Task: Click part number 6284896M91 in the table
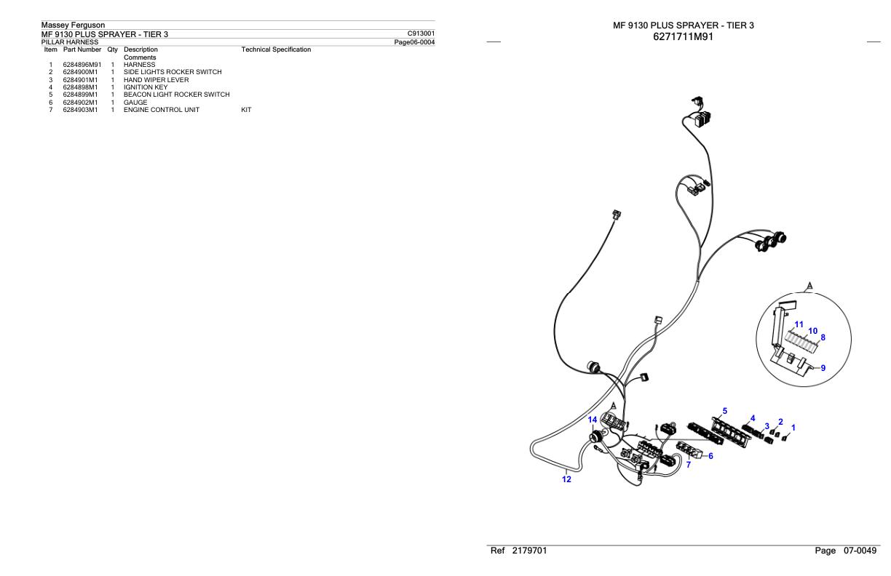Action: [x=82, y=65]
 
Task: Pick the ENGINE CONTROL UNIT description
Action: [x=162, y=110]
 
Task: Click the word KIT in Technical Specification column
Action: [x=246, y=110]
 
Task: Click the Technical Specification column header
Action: [x=276, y=49]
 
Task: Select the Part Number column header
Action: [x=82, y=49]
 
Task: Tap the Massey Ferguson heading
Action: [x=73, y=26]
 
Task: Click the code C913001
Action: [x=421, y=33]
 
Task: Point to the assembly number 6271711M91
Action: [x=684, y=36]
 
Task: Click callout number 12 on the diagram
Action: [x=567, y=479]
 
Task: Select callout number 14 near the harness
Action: [x=593, y=420]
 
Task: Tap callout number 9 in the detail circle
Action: [x=823, y=368]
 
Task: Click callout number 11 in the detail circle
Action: [x=799, y=324]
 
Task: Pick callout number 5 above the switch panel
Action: [x=724, y=411]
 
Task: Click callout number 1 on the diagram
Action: [x=793, y=428]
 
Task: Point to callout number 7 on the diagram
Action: [x=688, y=465]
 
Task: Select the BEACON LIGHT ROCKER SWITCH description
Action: [x=176, y=95]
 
